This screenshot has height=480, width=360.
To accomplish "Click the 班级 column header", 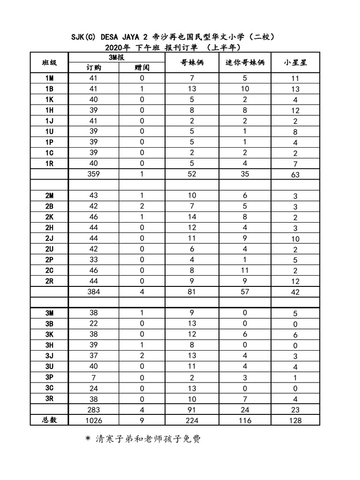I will [49, 62].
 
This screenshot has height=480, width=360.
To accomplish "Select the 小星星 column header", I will [295, 63].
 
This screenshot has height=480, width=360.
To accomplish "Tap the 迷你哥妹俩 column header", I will [245, 63].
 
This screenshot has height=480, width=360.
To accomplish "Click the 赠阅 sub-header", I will [142, 67].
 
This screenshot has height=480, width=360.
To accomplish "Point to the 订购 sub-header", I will [93, 67].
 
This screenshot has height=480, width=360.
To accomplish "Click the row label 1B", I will [49, 89].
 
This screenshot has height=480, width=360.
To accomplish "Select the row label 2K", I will [49, 217].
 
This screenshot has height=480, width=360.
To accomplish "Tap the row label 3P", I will [49, 377].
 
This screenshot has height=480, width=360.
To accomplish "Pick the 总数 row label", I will [49, 420].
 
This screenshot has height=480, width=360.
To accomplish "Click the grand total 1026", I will [93, 420].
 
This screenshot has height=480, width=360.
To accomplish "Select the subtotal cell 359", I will [93, 174].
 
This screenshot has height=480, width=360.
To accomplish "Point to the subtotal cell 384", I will [93, 292].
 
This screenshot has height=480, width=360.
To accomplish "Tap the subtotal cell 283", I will [93, 410].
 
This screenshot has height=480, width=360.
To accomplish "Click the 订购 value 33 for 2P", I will [93, 259].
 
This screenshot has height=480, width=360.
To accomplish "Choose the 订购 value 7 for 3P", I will [93, 377].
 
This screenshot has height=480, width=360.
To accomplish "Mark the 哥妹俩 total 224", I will [192, 420].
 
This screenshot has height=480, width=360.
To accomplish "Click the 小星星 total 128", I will [295, 420].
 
